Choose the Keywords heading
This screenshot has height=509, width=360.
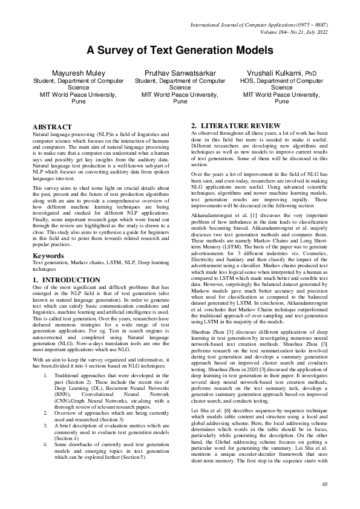coord(48,256)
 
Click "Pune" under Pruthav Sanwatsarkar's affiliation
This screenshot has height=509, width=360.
coord(180,102)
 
